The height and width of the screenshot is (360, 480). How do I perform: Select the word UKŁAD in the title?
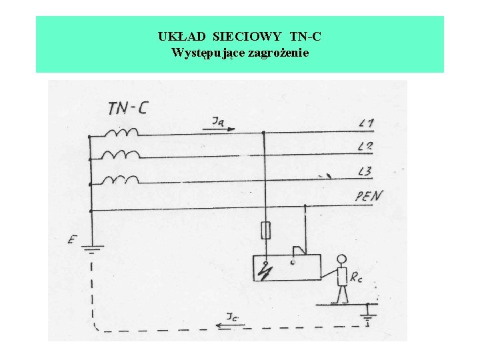click(177, 37)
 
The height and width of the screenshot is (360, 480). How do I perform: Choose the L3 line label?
click(365, 172)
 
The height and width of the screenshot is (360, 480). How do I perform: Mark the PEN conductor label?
click(369, 196)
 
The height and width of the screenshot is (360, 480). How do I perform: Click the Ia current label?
click(219, 121)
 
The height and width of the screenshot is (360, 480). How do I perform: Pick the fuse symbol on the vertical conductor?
click(265, 231)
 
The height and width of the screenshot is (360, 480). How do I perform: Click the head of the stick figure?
click(342, 259)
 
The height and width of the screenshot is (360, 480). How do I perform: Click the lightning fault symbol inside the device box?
click(267, 271)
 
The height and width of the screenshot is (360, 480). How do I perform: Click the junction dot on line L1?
click(265, 133)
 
